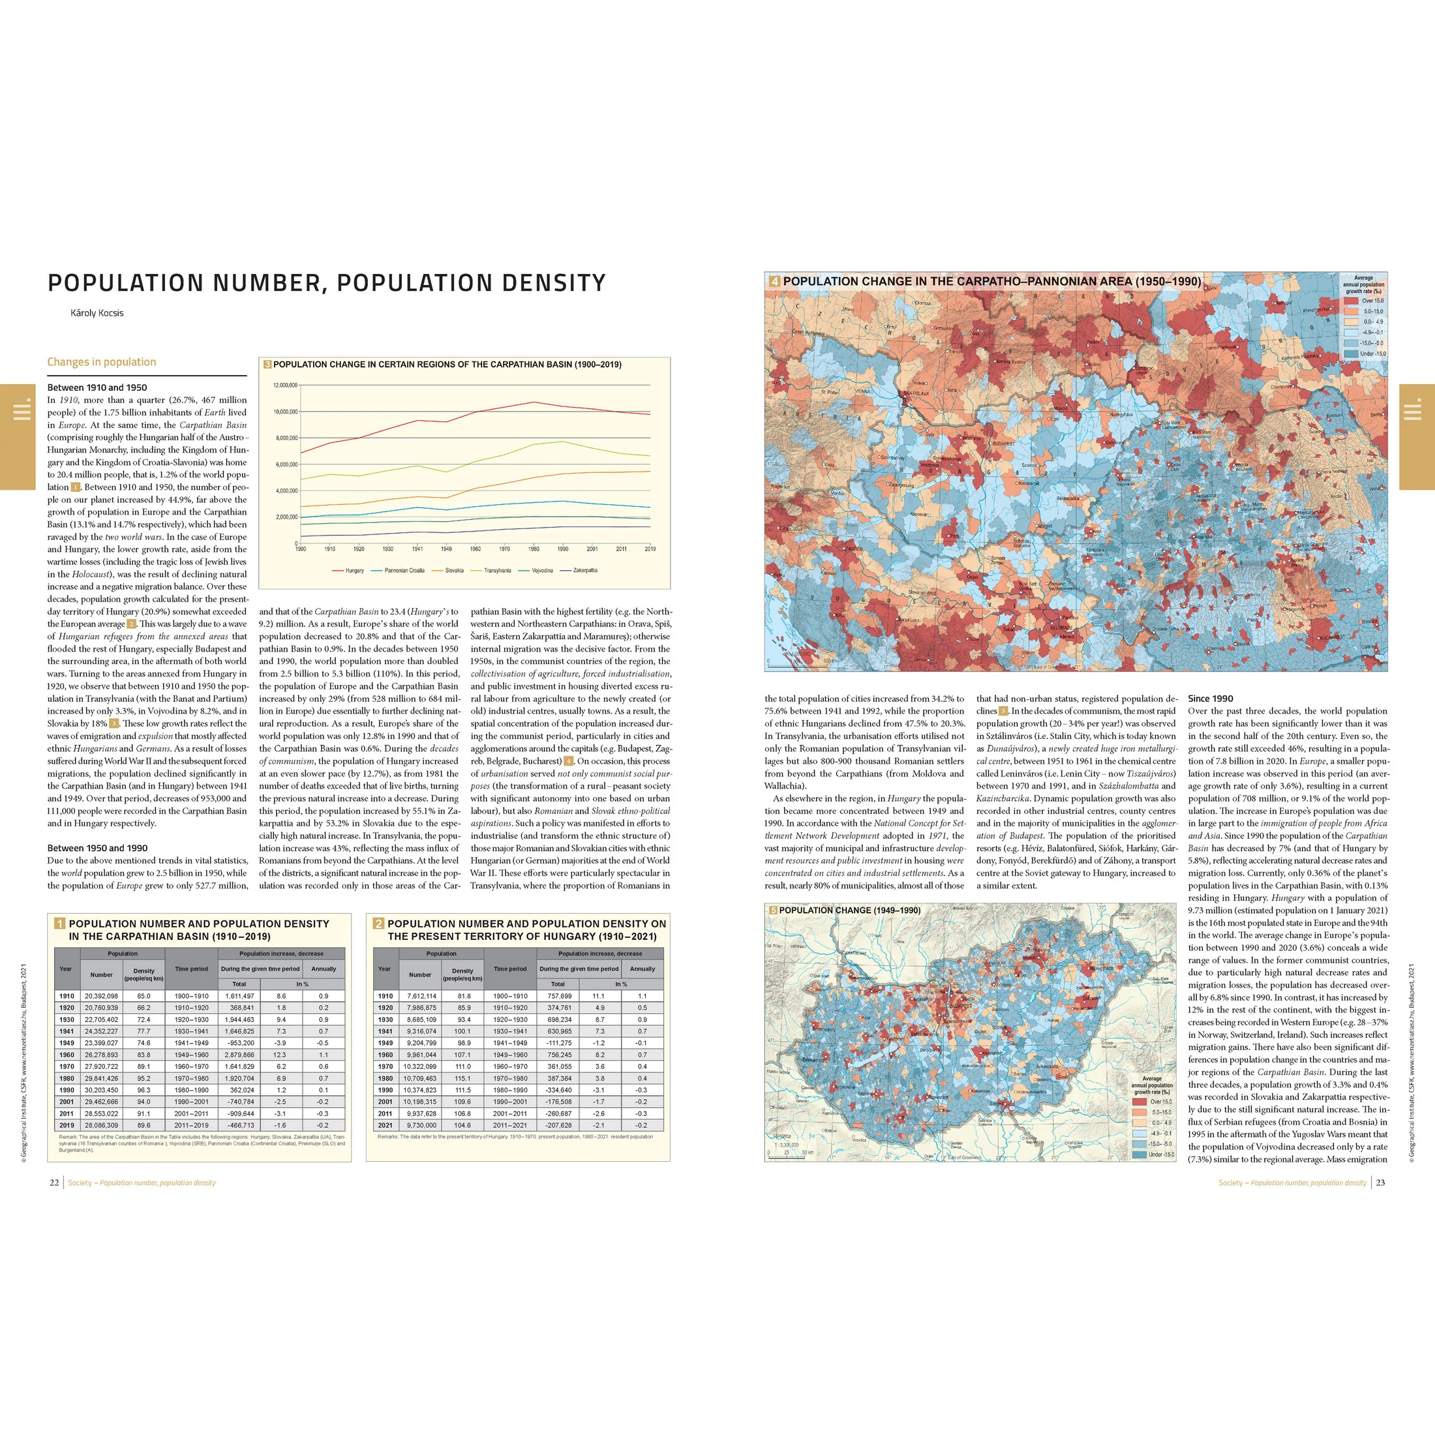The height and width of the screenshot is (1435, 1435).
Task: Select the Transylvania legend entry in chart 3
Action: [x=497, y=571]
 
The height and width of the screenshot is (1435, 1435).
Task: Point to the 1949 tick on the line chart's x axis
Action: [x=446, y=549]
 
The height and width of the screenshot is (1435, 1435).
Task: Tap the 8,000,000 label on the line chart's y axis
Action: [x=285, y=438]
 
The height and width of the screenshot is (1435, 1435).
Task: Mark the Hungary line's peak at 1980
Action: [x=534, y=402]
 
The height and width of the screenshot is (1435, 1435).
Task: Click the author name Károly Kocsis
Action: [x=97, y=312]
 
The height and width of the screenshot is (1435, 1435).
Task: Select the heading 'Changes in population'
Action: [x=102, y=362]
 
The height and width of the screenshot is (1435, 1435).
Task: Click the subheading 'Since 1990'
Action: [x=1210, y=698]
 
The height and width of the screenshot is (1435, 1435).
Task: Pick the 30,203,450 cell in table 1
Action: [x=101, y=1089]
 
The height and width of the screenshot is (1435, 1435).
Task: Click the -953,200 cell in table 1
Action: [x=239, y=1043]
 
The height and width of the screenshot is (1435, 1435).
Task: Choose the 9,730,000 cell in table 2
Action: [x=421, y=1125]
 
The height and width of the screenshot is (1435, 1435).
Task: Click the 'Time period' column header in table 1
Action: [x=192, y=969]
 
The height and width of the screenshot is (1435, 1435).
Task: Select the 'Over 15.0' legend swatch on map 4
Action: [x=1350, y=301]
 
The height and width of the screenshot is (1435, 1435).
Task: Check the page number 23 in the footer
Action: [x=1381, y=1183]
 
